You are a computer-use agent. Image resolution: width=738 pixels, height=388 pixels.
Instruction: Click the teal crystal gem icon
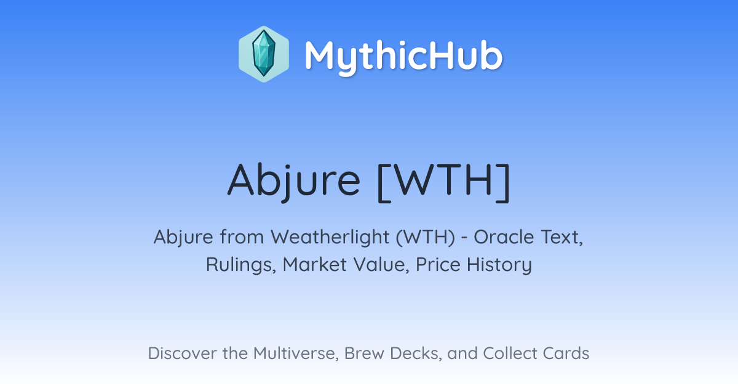tap(264, 54)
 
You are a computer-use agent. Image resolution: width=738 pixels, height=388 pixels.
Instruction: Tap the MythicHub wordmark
tap(403, 57)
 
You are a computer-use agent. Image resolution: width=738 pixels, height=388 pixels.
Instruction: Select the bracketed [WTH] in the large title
tap(443, 182)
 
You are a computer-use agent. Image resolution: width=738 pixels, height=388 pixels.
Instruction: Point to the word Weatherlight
tap(330, 238)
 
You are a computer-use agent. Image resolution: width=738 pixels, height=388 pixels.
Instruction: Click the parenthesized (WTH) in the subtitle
tap(426, 237)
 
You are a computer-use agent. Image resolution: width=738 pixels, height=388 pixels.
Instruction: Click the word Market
tap(315, 265)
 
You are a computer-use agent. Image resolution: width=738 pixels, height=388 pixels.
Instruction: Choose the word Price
tap(438, 265)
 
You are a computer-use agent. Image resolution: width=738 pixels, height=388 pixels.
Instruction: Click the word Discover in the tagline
tap(182, 353)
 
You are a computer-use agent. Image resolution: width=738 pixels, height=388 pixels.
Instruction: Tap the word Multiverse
tap(296, 354)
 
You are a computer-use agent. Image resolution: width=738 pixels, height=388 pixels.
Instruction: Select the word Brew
tap(364, 353)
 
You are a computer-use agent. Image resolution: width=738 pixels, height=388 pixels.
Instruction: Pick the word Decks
tap(416, 354)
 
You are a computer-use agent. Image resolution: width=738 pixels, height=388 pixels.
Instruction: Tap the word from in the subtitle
tap(242, 237)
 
